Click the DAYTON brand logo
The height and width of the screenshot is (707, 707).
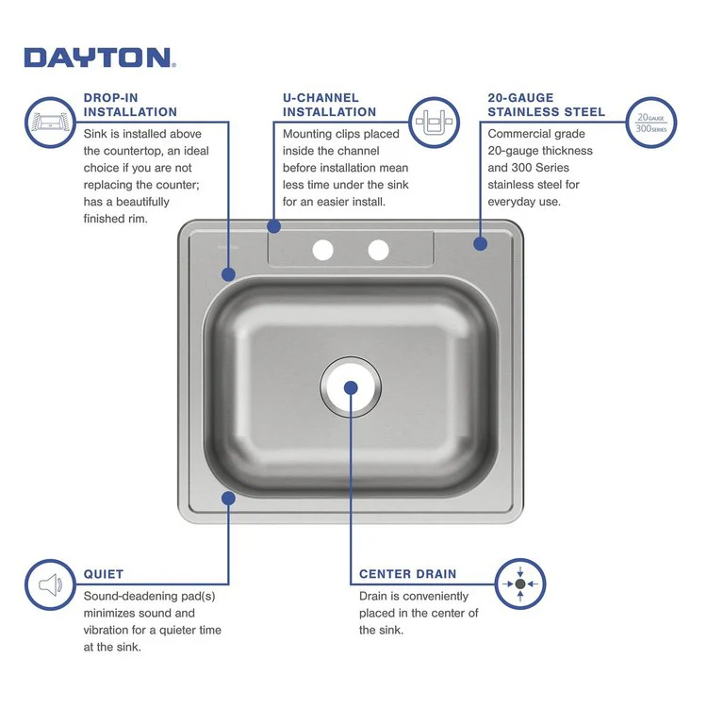[98, 58]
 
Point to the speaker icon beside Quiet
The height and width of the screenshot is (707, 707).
[49, 584]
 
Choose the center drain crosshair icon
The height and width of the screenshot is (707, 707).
[519, 584]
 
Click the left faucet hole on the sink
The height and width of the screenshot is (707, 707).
[323, 250]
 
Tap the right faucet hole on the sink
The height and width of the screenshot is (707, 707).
[378, 250]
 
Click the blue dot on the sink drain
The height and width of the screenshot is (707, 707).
[351, 386]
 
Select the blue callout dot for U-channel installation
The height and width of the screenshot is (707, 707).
[274, 226]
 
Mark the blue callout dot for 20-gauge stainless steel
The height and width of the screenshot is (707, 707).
[480, 242]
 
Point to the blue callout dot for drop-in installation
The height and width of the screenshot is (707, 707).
[228, 274]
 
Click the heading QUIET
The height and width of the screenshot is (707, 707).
[103, 573]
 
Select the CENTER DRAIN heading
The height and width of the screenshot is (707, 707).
[407, 573]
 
